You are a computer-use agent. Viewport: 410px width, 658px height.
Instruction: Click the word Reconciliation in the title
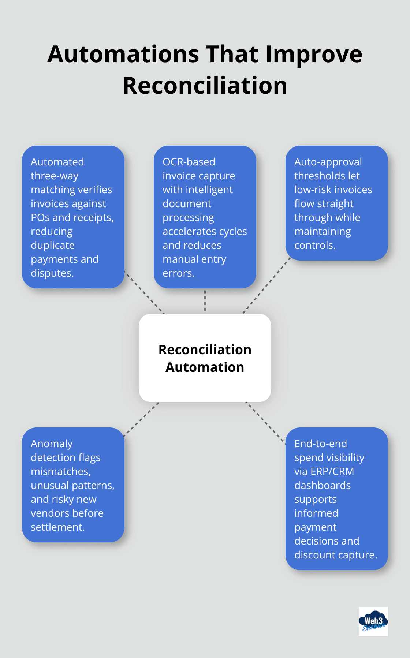[x=205, y=86]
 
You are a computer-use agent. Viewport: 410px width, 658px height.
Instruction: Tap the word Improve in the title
[x=314, y=54]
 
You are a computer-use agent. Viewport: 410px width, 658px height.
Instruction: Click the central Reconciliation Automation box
[x=205, y=358]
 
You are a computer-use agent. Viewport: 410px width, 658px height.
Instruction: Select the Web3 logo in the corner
[x=373, y=621]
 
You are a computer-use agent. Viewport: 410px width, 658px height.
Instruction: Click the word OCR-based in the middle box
[x=189, y=162]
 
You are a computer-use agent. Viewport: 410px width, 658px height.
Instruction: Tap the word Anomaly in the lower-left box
[x=52, y=444]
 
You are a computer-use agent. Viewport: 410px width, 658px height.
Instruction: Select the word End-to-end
[x=320, y=444]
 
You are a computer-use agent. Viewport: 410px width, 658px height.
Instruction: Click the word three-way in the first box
[x=55, y=176]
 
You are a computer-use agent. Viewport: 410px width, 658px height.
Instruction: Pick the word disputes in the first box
[x=52, y=273]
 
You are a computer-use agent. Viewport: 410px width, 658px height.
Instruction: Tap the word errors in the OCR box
[x=178, y=273]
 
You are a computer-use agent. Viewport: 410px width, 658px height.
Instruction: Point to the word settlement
[x=57, y=527]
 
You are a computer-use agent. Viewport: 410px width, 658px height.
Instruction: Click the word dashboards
[x=322, y=485]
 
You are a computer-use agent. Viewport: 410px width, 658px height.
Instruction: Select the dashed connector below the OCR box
[x=205, y=301]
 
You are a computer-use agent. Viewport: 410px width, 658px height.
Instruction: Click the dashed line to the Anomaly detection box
[x=141, y=419]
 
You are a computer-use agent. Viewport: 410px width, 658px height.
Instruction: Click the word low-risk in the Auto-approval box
[x=312, y=190]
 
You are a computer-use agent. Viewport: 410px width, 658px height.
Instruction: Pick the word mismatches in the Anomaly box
[x=60, y=471]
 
